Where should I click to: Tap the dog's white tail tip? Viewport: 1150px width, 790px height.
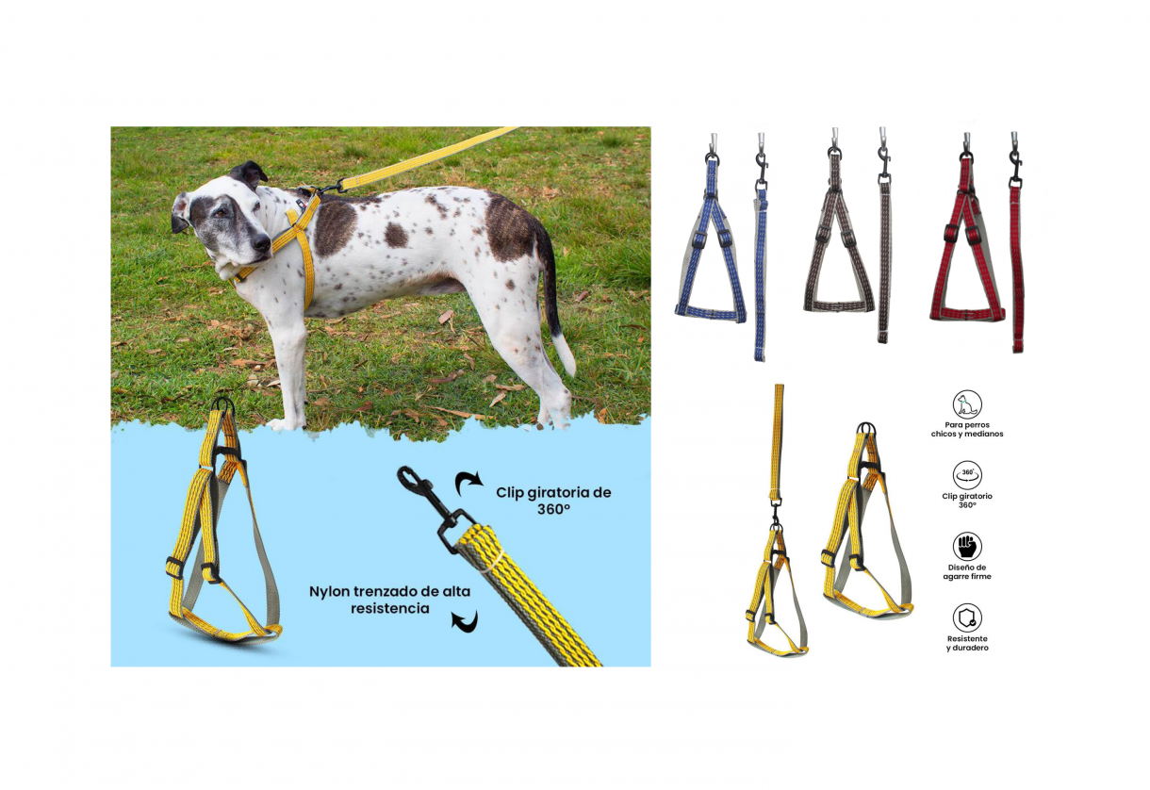click(566, 355)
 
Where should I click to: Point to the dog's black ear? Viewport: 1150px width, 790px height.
click(248, 173)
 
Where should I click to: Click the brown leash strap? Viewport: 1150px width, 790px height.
click(884, 262)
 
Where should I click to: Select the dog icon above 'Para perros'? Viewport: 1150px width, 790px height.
click(967, 404)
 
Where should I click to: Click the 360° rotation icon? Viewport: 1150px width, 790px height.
click(967, 475)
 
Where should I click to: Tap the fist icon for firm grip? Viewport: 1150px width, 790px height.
click(967, 546)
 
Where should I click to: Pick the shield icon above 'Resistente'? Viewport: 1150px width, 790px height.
click(967, 617)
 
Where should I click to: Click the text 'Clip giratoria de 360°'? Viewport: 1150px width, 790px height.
click(553, 501)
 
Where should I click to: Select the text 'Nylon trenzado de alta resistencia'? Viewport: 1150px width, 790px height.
click(389, 600)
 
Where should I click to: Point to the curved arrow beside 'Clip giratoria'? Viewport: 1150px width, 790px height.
click(468, 483)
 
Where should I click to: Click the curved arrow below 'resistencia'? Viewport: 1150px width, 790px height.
click(465, 621)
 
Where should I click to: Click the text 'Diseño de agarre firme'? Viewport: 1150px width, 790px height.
click(967, 572)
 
